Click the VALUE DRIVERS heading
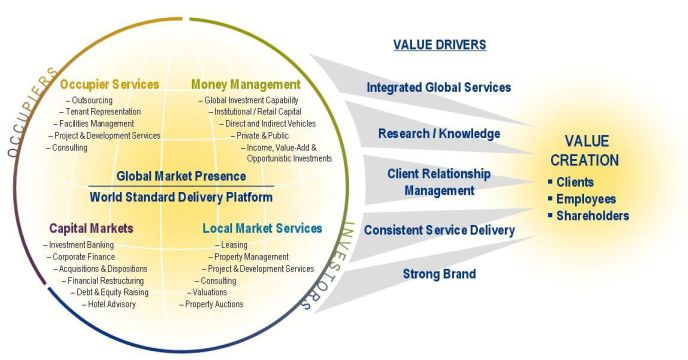tap(439, 45)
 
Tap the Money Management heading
tap(246, 84)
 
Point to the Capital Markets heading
tap(91, 228)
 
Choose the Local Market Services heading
tap(262, 228)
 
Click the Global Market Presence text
tap(181, 176)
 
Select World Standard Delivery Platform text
tap(181, 195)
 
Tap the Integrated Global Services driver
tap(439, 87)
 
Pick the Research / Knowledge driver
tap(439, 133)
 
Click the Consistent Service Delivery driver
tap(439, 230)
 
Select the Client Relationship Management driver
tap(439, 181)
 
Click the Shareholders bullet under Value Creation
tap(594, 215)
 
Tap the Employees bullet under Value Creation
tap(590, 199)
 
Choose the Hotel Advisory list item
tap(116, 304)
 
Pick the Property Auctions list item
tap(213, 304)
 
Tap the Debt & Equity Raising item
tap(111, 292)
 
